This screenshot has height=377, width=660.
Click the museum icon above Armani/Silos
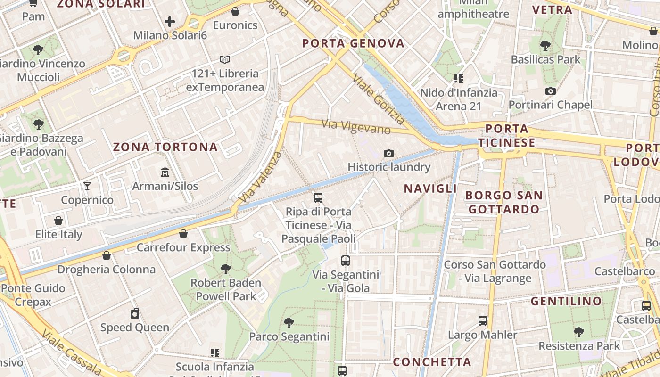(165, 172)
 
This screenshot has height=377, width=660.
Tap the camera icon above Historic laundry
(388, 153)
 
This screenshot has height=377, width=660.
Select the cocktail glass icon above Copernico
(87, 186)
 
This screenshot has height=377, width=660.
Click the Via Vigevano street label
(356, 126)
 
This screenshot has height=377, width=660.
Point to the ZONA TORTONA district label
(165, 147)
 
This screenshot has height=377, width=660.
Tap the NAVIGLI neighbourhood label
(430, 188)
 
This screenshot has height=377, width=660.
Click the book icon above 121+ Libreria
(225, 60)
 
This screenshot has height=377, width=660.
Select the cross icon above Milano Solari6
(170, 22)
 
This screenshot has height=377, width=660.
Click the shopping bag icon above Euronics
(235, 11)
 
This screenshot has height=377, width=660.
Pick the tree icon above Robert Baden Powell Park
(226, 269)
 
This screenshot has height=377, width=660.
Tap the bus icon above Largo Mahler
(482, 321)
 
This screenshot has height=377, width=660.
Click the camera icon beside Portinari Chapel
(550, 91)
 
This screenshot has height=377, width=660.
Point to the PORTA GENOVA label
(353, 43)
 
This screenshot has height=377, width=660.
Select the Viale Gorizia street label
(379, 100)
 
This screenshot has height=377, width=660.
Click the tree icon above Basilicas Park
(545, 46)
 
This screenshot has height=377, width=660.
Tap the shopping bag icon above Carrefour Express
(183, 234)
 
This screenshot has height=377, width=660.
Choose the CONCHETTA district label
(432, 362)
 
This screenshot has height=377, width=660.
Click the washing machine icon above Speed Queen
(135, 313)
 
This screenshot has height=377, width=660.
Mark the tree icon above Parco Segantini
(289, 323)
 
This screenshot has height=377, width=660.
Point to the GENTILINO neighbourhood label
(566, 301)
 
